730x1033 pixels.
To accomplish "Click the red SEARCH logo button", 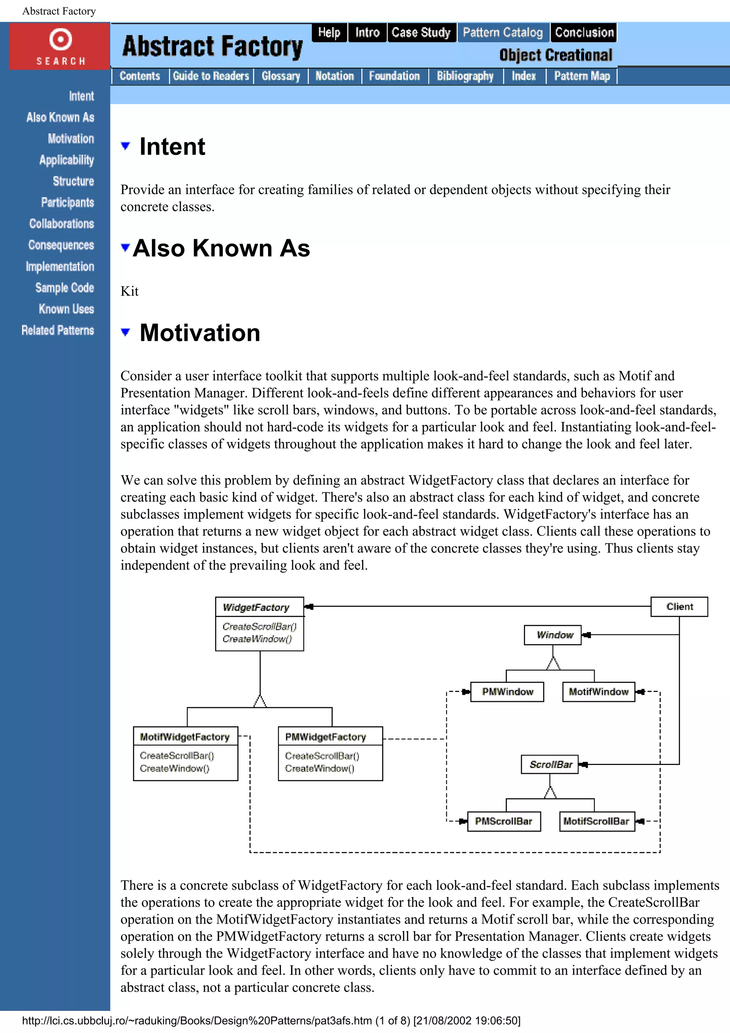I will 60,46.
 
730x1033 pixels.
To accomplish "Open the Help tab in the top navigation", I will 329,32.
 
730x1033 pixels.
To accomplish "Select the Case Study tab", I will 421,32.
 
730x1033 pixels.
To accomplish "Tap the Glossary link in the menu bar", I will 281,76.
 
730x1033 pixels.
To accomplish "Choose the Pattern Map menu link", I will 582,76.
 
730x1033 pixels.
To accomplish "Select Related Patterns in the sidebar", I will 58,330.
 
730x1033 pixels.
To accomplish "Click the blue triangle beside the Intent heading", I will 125,146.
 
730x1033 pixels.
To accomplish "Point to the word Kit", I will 129,291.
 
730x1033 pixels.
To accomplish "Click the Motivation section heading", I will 200,333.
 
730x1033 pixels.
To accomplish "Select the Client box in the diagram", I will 679,606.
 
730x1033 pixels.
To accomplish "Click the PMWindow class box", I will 507,692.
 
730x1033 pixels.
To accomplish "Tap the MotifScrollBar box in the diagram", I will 596,821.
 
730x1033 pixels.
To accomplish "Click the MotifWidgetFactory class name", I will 185,736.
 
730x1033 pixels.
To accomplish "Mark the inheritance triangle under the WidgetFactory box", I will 260,701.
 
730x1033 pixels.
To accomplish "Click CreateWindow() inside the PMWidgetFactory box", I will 319,769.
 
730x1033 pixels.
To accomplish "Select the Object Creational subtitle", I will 555,55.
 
